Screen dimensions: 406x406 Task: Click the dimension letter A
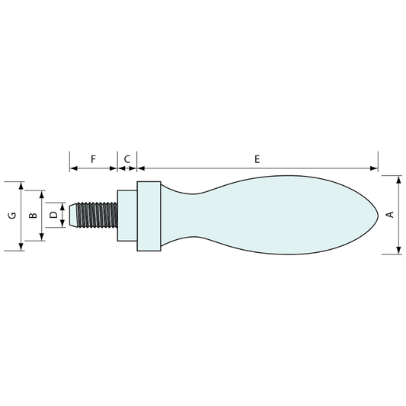coord(390,215)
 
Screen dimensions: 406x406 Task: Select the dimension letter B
coord(33,215)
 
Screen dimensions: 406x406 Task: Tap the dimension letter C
coord(127,159)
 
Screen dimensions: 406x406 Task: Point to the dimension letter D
coord(53,215)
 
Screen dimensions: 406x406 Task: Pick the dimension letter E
coord(257,159)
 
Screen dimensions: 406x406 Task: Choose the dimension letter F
coord(93,159)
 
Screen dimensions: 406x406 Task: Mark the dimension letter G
coord(12,216)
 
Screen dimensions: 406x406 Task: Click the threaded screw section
coord(97,215)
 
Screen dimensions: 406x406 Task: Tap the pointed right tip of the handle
coord(378,215)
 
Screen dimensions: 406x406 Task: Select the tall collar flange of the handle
coord(149,216)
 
